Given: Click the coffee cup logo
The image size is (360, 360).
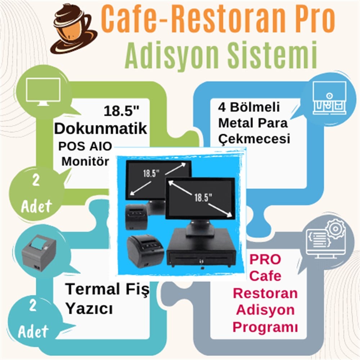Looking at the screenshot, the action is [73, 29].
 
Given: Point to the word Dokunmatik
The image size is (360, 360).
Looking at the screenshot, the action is [100, 129].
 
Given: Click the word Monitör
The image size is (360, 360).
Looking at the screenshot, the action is [85, 161].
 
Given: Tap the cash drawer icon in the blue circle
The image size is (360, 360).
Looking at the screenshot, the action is [329, 98].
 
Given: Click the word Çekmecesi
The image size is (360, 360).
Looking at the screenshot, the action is [254, 139].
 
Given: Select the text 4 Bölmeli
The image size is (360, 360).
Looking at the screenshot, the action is [249, 107].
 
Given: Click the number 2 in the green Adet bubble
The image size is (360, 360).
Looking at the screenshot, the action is [36, 180].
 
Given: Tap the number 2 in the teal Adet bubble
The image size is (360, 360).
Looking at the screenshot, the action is [33, 305].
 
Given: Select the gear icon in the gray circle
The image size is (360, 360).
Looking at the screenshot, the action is [336, 229].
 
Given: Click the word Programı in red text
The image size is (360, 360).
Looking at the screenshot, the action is [265, 327].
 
